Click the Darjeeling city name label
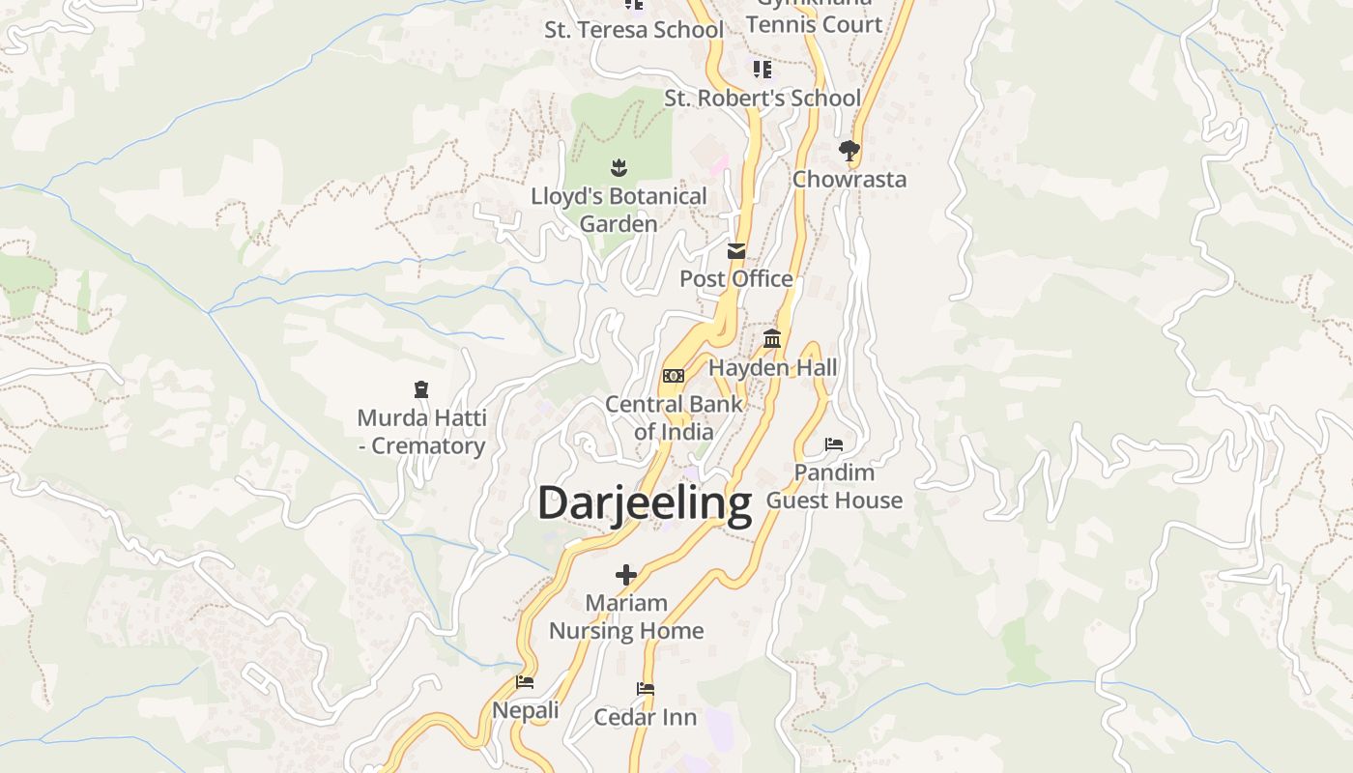[645, 503]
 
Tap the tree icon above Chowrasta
[849, 150]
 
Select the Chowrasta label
[849, 179]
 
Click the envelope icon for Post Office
[736, 251]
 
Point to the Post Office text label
[736, 278]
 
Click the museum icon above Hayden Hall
[772, 339]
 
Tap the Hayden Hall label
[772, 367]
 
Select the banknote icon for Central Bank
[674, 376]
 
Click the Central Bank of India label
[674, 417]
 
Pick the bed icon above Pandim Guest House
[834, 444]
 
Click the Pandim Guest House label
[834, 486]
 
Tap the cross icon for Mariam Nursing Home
[626, 575]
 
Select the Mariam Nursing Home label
[626, 616]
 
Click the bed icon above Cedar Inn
[646, 689]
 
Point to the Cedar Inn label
[646, 717]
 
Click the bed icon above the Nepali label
[525, 681]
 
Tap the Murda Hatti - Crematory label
[421, 432]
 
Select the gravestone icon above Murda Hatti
[421, 389]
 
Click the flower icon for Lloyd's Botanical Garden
[619, 168]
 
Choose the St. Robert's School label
[763, 98]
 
